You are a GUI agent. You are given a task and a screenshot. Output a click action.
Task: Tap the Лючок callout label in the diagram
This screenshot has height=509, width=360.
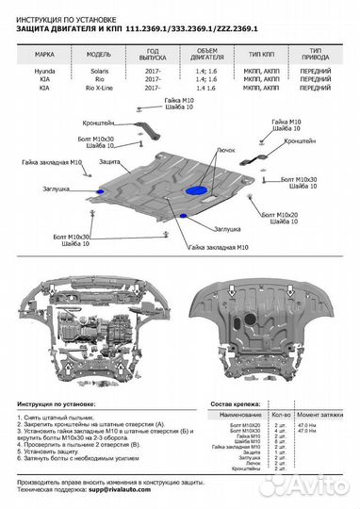click(226, 148)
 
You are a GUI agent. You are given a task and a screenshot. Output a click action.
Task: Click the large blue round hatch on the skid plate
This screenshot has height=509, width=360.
click(200, 191)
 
